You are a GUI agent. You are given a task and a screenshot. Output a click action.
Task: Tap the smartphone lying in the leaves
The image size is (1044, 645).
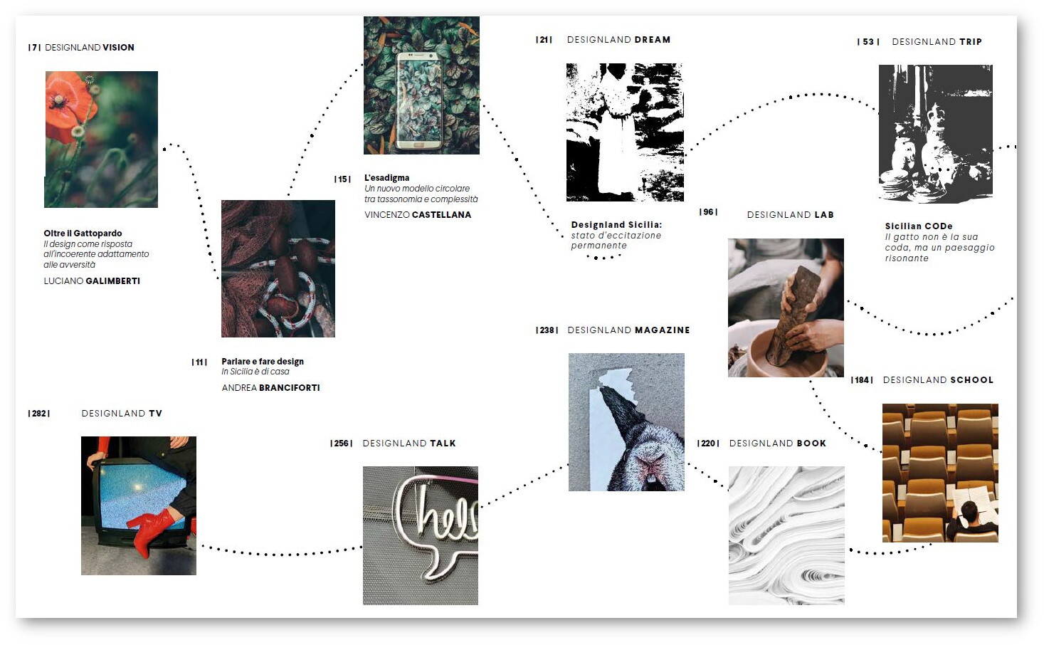(418, 101)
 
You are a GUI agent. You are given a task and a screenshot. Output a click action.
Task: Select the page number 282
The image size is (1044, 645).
(39, 414)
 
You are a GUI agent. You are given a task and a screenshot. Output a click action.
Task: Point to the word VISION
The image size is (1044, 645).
(118, 48)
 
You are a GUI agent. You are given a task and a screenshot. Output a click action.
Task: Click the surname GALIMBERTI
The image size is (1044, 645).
(112, 281)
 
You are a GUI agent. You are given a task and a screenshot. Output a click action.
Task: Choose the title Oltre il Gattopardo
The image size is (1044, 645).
(83, 234)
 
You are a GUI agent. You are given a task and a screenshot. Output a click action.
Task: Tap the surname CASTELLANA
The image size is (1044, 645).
(442, 215)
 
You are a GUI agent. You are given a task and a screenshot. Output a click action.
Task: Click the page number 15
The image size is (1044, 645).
(342, 179)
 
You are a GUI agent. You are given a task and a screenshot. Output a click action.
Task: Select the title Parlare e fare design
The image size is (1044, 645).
(263, 362)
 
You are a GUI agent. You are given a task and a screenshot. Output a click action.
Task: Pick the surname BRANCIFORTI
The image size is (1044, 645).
(290, 388)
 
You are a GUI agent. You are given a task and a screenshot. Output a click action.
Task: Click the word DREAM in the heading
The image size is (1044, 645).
(653, 40)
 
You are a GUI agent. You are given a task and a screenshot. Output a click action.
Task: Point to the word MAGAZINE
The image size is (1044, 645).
(663, 330)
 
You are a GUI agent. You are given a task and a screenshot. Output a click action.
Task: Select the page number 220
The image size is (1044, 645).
(708, 444)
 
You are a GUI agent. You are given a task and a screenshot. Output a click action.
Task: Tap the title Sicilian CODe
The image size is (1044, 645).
(919, 226)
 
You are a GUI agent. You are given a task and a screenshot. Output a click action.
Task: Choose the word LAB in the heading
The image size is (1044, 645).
(824, 215)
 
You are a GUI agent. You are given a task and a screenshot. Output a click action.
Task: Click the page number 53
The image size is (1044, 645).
(868, 42)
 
